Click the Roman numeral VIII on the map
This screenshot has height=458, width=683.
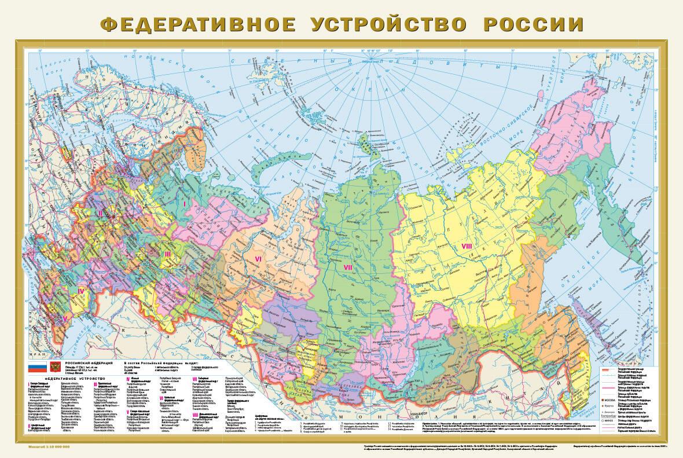(467, 247)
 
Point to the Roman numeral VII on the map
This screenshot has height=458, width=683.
(348, 267)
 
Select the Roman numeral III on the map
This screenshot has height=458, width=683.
(167, 254)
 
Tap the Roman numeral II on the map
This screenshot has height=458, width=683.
(100, 213)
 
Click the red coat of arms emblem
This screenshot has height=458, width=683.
(56, 367)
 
